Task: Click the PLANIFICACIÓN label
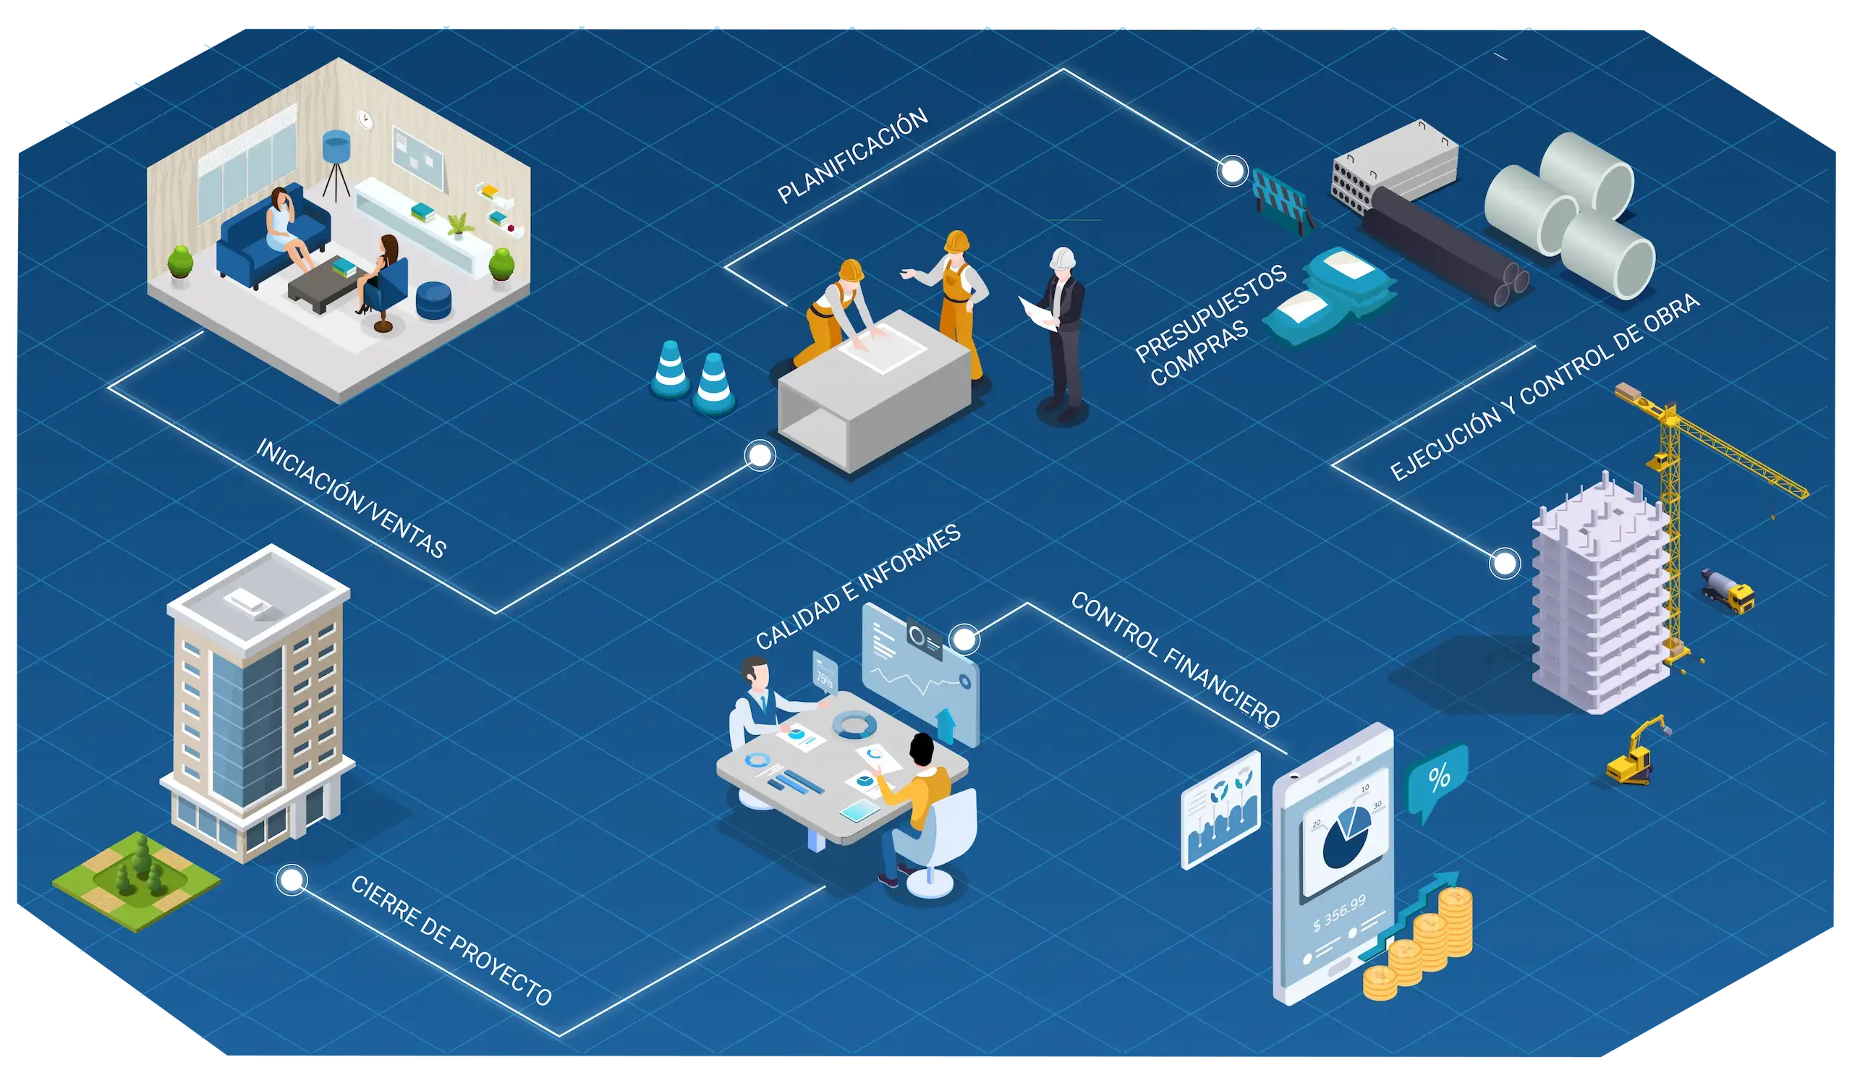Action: tap(852, 156)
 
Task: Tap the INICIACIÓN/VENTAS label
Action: tap(351, 499)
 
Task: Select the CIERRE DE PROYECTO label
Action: tap(451, 941)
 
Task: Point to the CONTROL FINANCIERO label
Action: tap(1175, 659)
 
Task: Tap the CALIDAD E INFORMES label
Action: tap(858, 587)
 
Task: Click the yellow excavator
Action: tap(1636, 753)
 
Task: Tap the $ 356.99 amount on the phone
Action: tap(1339, 912)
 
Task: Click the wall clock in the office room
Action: tap(365, 119)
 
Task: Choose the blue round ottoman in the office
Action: tap(435, 299)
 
